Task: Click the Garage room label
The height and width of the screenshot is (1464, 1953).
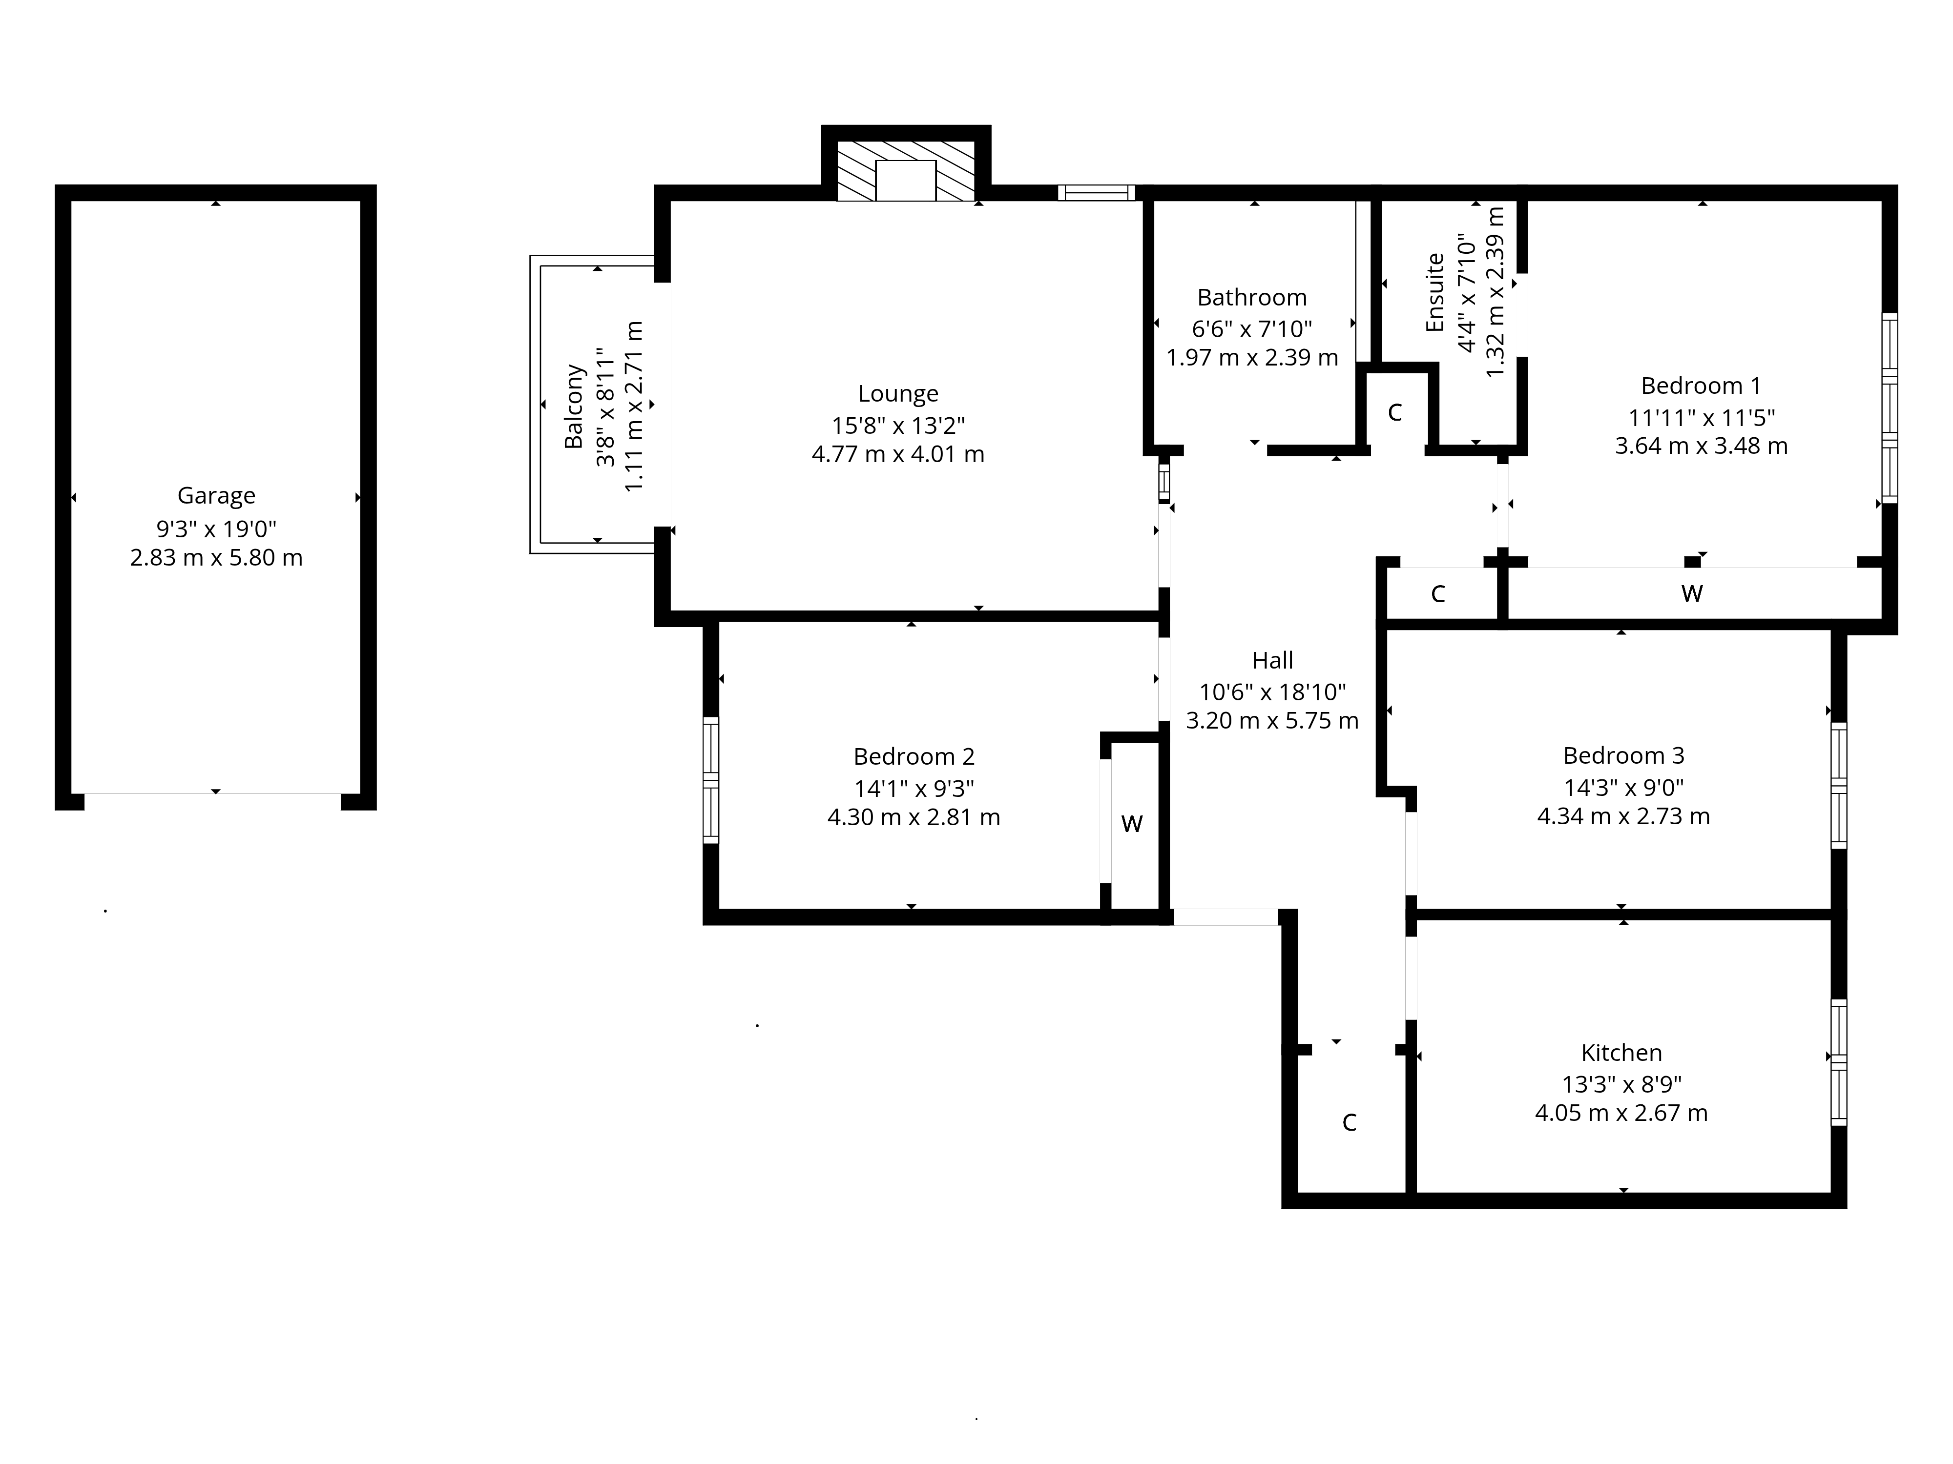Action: click(216, 496)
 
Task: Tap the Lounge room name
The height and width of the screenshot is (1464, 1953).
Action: click(898, 394)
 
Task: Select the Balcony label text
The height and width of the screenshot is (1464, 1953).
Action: click(574, 406)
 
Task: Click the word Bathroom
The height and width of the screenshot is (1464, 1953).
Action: click(1252, 297)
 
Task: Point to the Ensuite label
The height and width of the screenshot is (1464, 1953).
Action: click(1435, 292)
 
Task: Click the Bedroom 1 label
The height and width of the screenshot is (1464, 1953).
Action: click(1701, 386)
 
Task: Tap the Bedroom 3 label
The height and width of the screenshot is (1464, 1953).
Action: click(1623, 755)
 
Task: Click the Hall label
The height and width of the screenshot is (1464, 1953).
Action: click(1272, 660)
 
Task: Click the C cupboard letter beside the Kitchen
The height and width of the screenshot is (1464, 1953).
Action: click(1349, 1122)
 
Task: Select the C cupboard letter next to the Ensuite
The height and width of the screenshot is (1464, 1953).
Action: click(1395, 413)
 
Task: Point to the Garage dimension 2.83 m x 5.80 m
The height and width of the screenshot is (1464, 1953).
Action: click(216, 558)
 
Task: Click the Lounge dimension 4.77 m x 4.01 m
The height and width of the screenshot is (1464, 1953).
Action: click(898, 454)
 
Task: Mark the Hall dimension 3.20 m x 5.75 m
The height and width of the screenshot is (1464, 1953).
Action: click(1272, 721)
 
